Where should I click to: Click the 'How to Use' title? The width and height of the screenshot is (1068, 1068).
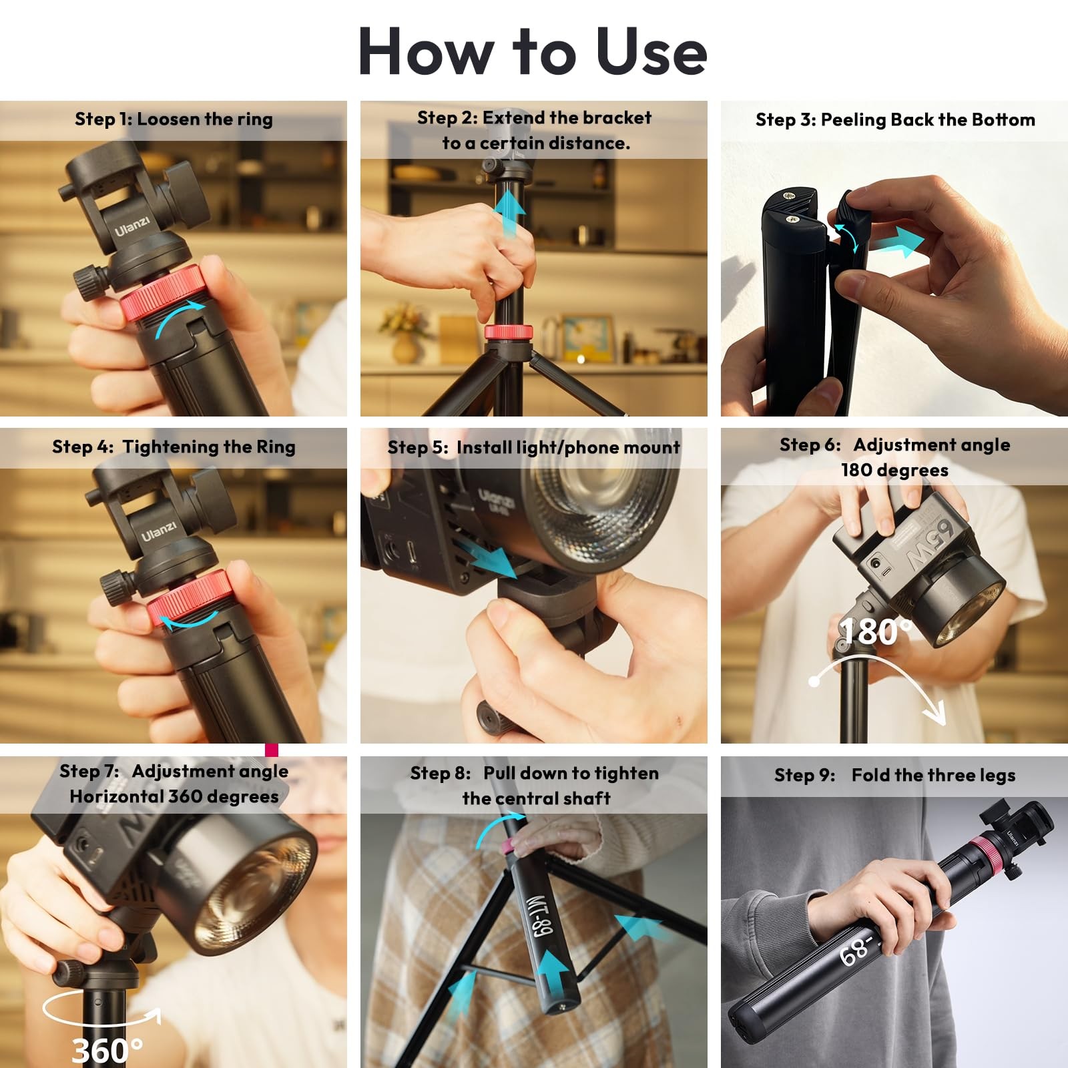[x=533, y=52]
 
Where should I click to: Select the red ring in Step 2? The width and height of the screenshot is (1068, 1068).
[x=509, y=332]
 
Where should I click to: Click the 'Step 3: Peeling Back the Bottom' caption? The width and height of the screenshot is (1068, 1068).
[x=895, y=119]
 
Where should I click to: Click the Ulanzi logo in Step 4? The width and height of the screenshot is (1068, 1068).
[x=158, y=531]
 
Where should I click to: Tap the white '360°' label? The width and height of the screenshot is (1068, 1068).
[x=107, y=1050]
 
